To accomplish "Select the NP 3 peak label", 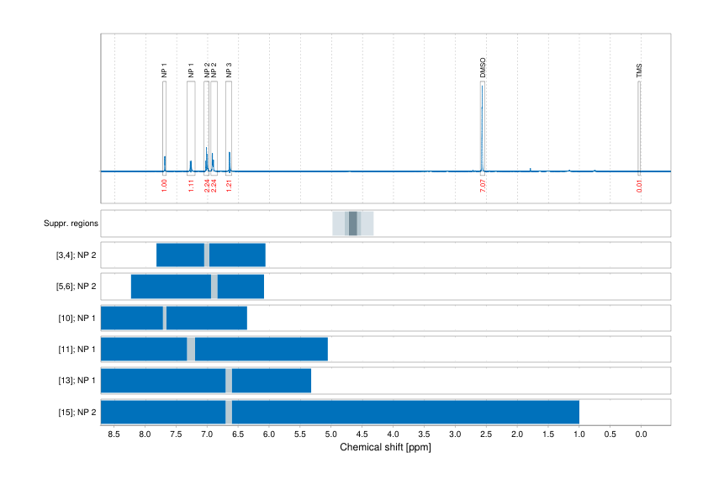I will coord(229,70).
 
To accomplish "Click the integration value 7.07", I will coord(483,186).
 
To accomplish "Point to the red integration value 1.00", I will coord(164,186).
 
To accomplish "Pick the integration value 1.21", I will coord(229,186).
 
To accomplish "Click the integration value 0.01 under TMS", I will coord(639,186).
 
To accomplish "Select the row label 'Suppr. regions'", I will coord(71,224).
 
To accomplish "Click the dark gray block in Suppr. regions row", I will coord(353,224).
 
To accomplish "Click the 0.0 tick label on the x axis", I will coord(640,434).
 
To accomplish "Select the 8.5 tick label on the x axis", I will coord(114,434).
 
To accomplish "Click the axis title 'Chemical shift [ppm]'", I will coord(385,448).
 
